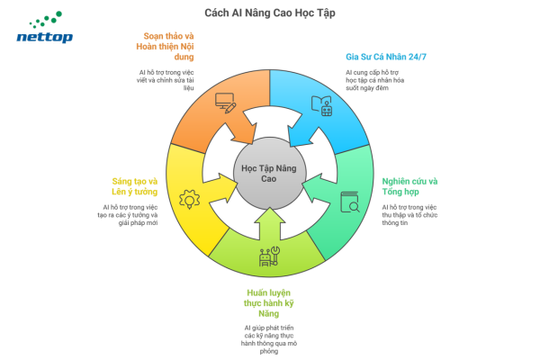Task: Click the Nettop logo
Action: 45,30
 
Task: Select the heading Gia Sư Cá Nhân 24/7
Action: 384,57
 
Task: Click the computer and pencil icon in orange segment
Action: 226,103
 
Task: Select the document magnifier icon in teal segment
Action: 349,203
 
